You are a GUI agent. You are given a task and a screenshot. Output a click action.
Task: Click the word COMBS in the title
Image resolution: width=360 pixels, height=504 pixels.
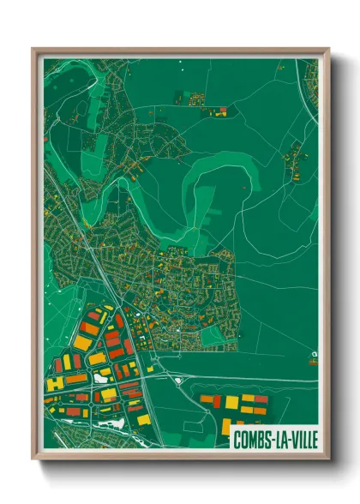253,439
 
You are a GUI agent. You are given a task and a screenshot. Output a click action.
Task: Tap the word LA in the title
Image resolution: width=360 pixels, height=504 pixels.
280,439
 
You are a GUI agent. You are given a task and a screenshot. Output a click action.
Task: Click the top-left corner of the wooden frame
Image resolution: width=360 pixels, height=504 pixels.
33,49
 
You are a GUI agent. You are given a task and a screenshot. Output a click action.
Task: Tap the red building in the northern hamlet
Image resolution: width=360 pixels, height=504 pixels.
222,111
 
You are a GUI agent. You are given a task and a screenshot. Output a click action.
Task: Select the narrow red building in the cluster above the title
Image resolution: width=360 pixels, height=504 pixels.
217,401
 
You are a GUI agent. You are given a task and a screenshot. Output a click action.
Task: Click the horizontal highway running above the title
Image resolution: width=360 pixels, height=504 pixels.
249,380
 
